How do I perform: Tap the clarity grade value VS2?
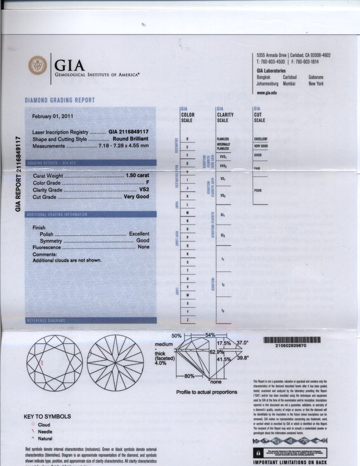coord(144,189)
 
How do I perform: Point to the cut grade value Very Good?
coord(137,197)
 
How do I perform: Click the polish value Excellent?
coord(139,234)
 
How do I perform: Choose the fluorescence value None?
coord(144,247)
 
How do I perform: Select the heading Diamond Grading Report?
coord(59,100)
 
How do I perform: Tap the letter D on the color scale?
coord(187,138)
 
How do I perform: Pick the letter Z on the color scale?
coord(187,320)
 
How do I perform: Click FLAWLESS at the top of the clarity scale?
coord(223,139)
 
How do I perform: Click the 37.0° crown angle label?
coord(243,343)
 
